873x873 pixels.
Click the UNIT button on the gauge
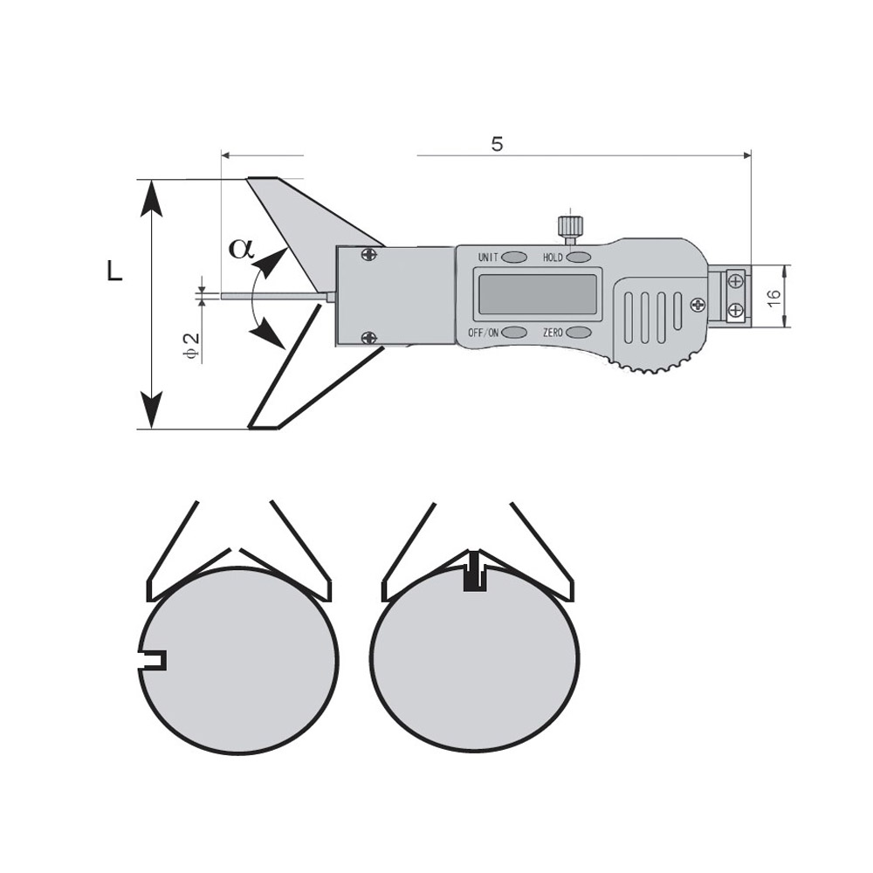click(x=515, y=258)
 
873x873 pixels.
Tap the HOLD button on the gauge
click(x=579, y=258)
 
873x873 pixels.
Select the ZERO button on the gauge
click(x=579, y=333)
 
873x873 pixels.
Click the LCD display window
click(x=537, y=294)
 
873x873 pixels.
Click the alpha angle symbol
click(x=242, y=248)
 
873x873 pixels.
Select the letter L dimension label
click(x=114, y=272)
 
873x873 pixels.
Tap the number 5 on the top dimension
click(x=498, y=144)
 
